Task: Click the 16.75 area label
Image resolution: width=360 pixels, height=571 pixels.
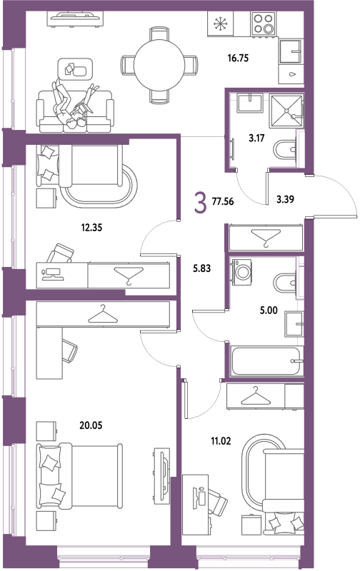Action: click(238, 59)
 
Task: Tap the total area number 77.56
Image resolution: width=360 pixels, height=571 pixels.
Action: click(223, 201)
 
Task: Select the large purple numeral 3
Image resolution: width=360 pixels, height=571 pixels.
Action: click(201, 203)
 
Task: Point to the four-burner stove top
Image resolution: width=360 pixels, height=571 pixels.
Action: click(263, 24)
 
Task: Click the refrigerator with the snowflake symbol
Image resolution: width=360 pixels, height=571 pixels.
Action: click(221, 24)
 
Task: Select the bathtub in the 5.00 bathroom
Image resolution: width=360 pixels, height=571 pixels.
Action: click(267, 361)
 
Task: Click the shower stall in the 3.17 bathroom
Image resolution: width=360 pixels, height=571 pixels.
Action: click(286, 111)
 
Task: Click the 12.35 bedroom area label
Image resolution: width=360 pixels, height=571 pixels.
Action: click(91, 228)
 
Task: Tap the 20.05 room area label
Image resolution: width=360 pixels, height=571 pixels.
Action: click(91, 425)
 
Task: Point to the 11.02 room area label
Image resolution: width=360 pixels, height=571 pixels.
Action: click(221, 441)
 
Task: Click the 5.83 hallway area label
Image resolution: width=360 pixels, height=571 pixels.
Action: click(202, 269)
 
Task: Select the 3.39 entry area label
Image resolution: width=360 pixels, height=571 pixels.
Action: click(285, 200)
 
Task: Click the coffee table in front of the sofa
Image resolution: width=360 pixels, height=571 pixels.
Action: click(76, 69)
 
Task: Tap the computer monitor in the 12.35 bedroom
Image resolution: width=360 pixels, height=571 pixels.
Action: click(54, 272)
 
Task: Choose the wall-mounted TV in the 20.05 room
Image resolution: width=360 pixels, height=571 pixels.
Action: click(162, 476)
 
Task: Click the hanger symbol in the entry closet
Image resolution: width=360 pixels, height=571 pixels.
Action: click(266, 238)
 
